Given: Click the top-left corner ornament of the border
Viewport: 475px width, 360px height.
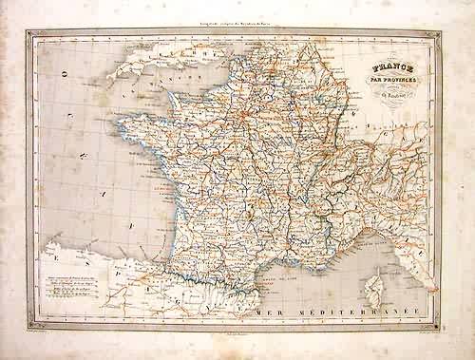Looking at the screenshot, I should [31, 32].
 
